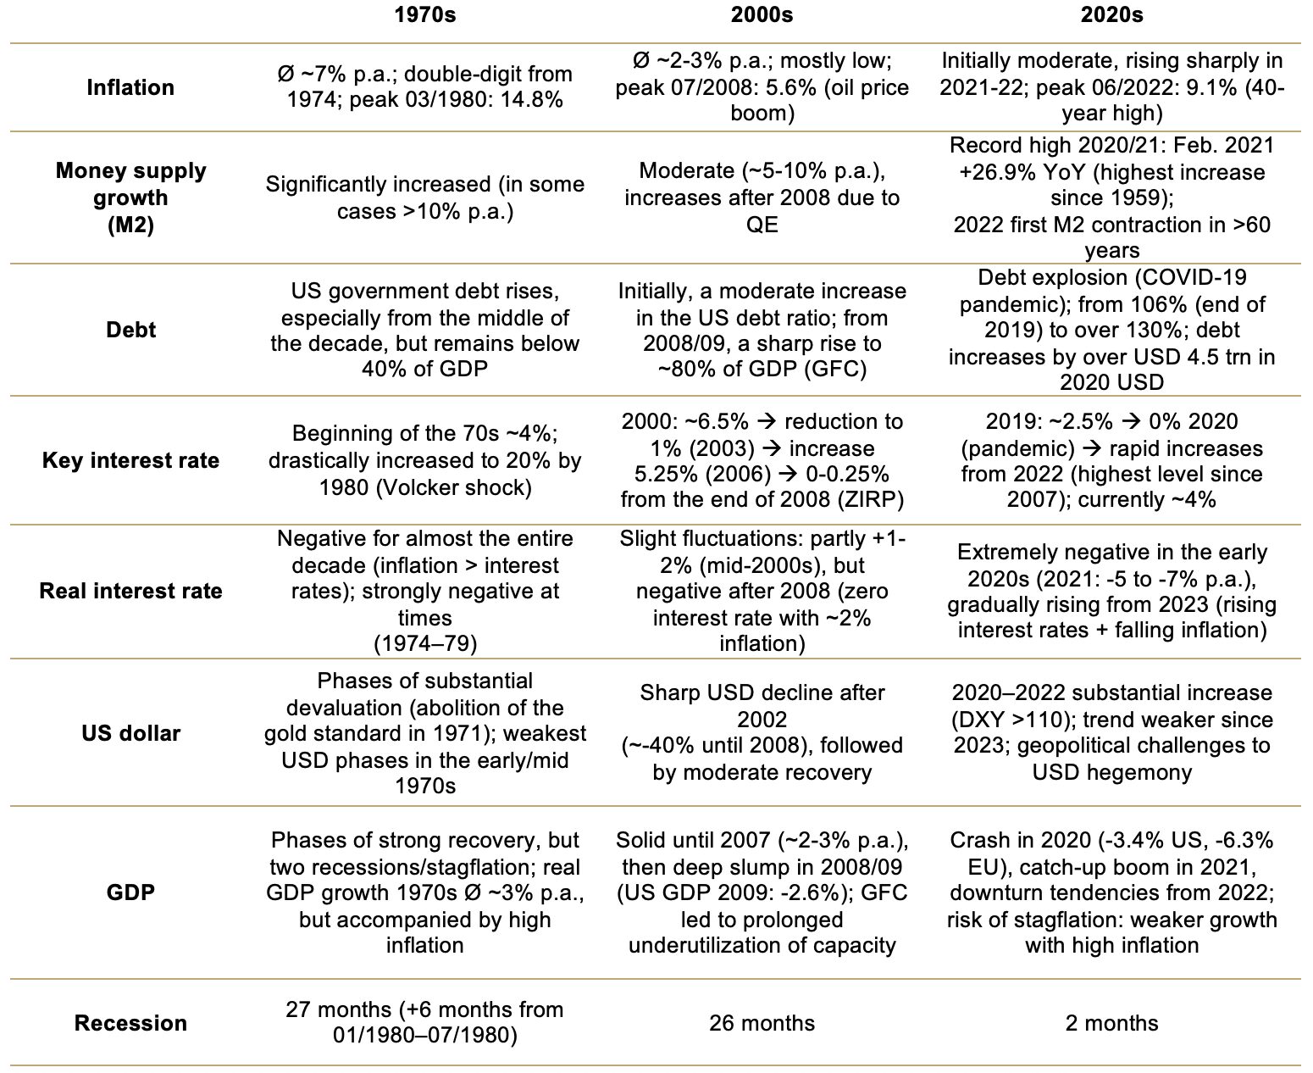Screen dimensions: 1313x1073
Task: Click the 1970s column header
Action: [425, 14]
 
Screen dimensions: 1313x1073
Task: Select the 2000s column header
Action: [762, 14]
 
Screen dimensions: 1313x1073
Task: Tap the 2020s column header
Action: [1112, 14]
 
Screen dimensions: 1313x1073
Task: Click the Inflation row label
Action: [130, 87]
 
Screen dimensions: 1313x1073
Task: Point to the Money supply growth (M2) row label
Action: [130, 197]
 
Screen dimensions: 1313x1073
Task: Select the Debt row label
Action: [130, 330]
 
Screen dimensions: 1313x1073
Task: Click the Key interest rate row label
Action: [130, 460]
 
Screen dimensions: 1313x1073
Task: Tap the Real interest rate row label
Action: [130, 591]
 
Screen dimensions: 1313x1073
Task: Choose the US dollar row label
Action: [130, 733]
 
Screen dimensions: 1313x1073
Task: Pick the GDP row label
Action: [130, 892]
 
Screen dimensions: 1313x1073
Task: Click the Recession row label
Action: [130, 1023]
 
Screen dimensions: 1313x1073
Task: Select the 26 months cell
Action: [762, 1023]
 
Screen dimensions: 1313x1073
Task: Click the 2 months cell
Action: [1112, 1023]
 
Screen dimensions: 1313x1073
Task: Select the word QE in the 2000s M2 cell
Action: [762, 225]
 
